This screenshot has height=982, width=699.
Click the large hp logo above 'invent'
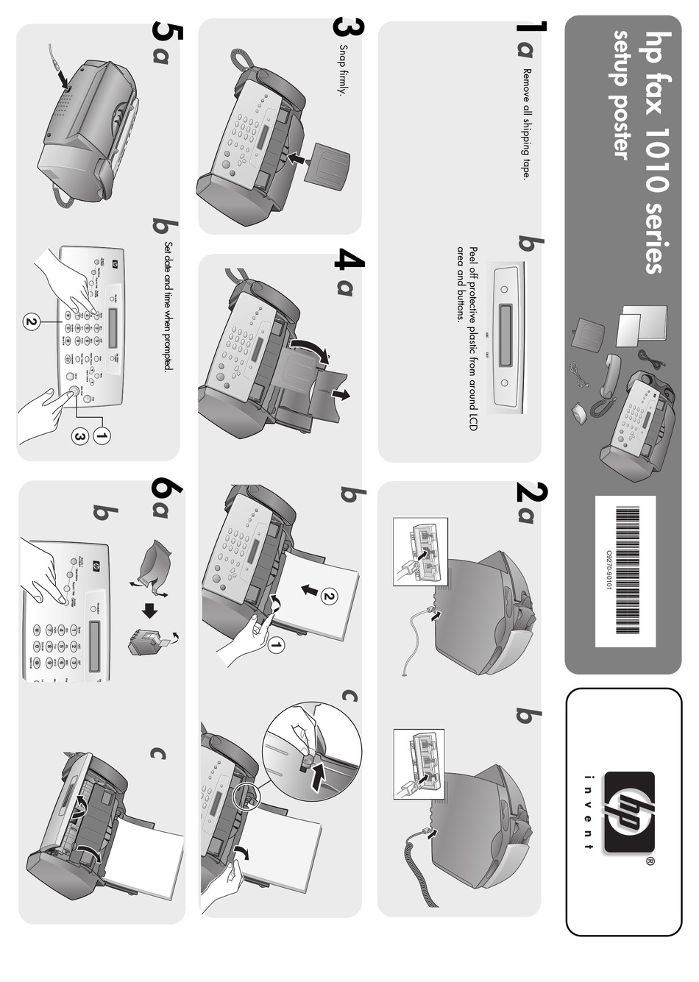click(628, 811)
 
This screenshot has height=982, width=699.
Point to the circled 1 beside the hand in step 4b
click(276, 646)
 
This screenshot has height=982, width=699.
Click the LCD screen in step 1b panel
click(505, 336)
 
